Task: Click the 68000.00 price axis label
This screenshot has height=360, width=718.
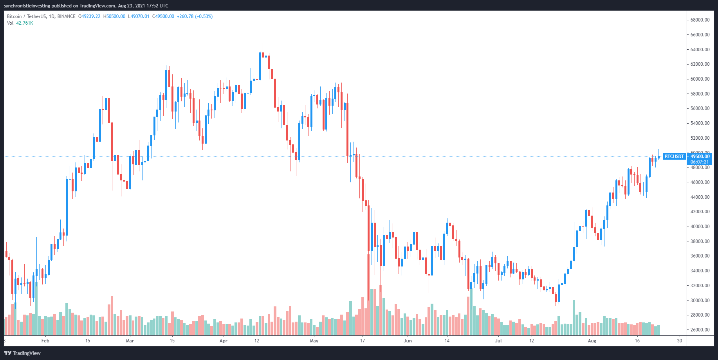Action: pos(700,20)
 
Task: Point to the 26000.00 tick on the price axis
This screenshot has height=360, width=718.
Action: pos(700,330)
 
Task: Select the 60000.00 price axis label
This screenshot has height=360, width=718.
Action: pos(700,79)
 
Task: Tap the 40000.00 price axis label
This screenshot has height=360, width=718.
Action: pos(700,227)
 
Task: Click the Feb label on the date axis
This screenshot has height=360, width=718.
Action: pos(45,341)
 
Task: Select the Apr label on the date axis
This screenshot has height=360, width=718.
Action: pos(224,341)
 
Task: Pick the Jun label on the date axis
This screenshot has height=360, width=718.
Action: pos(408,341)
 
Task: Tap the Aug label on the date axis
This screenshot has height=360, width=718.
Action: pos(592,341)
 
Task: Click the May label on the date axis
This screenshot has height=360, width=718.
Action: pos(314,341)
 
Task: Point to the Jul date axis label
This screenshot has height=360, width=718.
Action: pos(498,341)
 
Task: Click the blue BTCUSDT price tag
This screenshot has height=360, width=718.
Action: pos(674,157)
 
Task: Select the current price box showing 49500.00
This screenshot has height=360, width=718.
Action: pos(700,157)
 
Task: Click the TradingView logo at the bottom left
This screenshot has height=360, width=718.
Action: pos(23,353)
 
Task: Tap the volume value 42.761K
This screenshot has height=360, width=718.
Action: pos(25,23)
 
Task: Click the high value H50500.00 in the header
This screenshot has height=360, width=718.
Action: pos(114,16)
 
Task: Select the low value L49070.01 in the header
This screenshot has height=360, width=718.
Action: pos(139,16)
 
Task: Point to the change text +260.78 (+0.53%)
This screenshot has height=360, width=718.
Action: pos(195,16)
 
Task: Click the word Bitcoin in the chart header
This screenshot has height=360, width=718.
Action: pos(14,16)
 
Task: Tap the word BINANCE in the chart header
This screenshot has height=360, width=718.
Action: pos(66,16)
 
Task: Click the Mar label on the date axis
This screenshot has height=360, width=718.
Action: pos(130,341)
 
